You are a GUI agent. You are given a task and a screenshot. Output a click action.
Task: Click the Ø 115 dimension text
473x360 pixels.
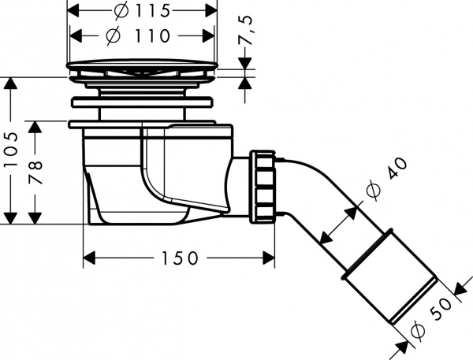(x=143, y=12)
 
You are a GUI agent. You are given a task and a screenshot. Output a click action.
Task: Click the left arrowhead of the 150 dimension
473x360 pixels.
(x=89, y=258)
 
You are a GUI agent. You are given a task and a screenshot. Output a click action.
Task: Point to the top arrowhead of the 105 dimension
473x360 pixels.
(x=12, y=83)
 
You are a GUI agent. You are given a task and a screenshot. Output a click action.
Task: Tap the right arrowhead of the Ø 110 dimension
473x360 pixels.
(x=209, y=36)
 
